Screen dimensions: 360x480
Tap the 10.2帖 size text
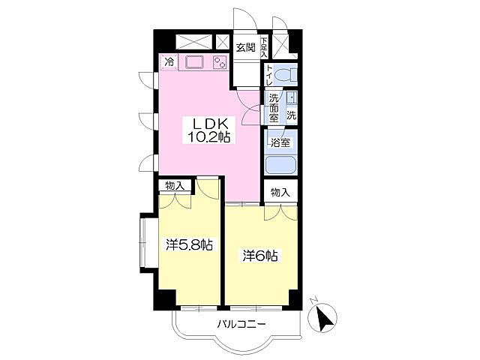[x=209, y=136]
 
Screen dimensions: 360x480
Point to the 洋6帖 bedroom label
[x=259, y=256]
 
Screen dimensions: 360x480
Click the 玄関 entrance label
[x=245, y=47]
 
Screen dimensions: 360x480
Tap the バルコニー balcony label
[x=241, y=324]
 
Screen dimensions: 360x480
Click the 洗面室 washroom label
[x=274, y=108]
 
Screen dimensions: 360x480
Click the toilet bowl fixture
[x=287, y=75]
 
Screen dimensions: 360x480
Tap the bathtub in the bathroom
[x=281, y=165]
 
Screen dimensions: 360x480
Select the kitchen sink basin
[x=193, y=62]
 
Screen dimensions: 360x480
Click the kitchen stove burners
[x=220, y=62]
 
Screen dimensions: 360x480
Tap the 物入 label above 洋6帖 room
[x=280, y=192]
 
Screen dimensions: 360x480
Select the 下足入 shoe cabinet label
[x=264, y=47]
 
